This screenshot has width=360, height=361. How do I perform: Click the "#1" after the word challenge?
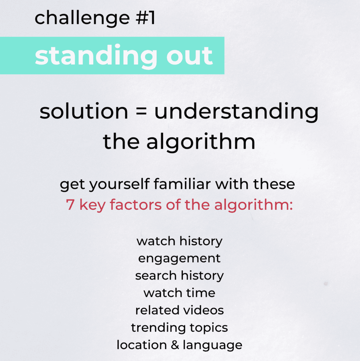pos(145,18)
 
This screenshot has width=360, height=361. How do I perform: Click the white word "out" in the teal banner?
pos(189,56)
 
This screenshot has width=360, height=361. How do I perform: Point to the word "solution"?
pos(84,111)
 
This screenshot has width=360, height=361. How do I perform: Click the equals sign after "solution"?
pos(141,111)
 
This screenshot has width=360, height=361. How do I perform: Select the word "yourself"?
pos(119,185)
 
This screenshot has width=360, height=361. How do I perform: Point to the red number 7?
pos(70,204)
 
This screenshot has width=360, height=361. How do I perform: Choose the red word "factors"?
pos(136,204)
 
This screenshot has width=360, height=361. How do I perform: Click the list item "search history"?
pos(180,276)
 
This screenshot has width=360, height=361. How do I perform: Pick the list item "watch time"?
pos(179,293)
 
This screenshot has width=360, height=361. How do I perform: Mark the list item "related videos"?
pos(180,310)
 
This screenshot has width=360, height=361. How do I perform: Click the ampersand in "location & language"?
pos(175,345)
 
